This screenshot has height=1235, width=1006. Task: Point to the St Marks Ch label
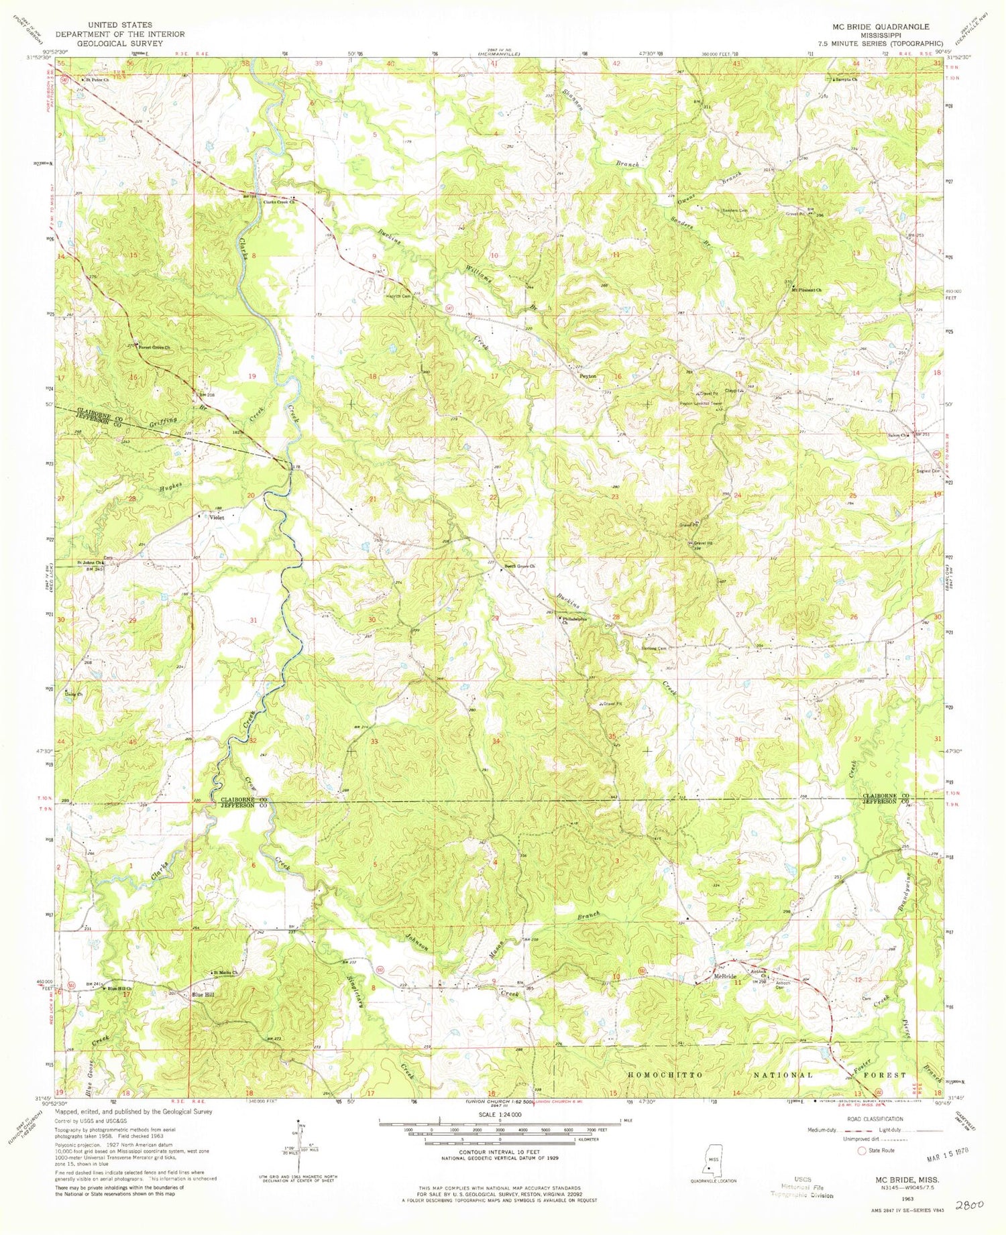[x=225, y=972]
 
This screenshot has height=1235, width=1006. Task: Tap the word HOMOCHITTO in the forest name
[x=667, y=1075]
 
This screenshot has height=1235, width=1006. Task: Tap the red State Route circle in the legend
[x=862, y=1151]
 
